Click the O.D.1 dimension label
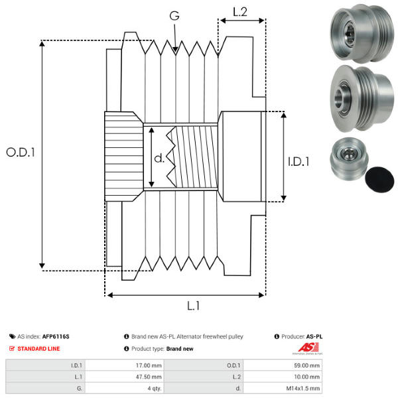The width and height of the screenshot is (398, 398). pyautogui.click(x=21, y=152)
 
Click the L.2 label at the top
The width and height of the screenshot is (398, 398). pyautogui.click(x=240, y=11)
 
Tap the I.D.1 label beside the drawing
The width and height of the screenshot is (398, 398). pyautogui.click(x=299, y=161)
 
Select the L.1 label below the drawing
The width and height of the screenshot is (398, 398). pyautogui.click(x=193, y=306)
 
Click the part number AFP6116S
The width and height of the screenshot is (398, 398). pyautogui.click(x=56, y=336)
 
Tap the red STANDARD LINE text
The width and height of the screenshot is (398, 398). pyautogui.click(x=38, y=348)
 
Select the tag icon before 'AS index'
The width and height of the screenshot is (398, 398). pyautogui.click(x=13, y=336)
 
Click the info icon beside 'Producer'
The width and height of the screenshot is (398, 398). pyautogui.click(x=277, y=336)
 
